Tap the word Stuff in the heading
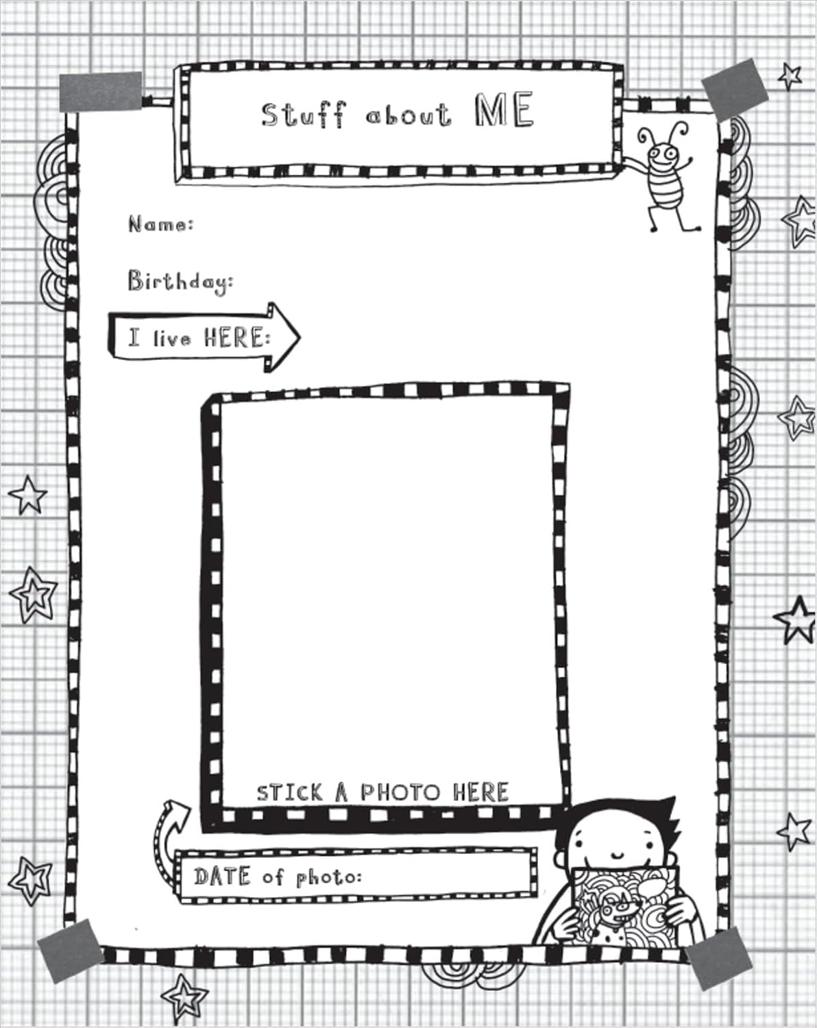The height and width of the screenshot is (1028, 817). click(302, 114)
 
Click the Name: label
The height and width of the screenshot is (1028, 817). click(161, 224)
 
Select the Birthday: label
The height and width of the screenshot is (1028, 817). click(180, 282)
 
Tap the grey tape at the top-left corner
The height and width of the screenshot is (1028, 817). click(101, 91)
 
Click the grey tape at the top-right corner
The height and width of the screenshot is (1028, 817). click(734, 89)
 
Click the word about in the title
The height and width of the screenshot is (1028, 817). click(408, 115)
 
